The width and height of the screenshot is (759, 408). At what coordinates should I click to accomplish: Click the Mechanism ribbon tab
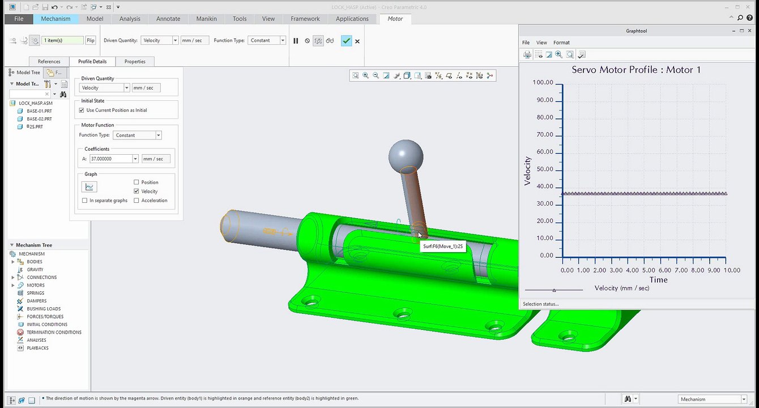[56, 19]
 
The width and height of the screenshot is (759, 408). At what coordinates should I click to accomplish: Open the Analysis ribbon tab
[130, 19]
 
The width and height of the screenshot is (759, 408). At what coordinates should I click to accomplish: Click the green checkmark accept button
[346, 41]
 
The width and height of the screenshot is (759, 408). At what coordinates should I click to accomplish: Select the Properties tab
[135, 61]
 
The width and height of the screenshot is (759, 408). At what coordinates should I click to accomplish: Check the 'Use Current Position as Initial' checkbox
[82, 110]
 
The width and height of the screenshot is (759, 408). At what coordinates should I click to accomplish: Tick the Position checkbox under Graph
[136, 182]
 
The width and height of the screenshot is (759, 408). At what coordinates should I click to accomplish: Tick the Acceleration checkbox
[136, 201]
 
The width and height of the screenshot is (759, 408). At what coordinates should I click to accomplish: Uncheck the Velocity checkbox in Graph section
[136, 192]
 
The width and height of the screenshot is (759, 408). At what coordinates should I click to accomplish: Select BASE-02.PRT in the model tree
[39, 119]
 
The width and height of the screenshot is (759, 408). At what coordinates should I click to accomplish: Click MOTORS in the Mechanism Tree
[35, 286]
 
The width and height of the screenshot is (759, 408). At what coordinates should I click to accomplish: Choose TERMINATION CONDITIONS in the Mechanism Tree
[54, 333]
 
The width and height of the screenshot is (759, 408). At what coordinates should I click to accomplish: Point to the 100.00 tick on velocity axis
[543, 83]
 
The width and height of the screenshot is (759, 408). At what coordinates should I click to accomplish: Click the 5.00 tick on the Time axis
[649, 270]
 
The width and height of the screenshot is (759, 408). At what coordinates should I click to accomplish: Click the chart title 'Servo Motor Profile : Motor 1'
[636, 70]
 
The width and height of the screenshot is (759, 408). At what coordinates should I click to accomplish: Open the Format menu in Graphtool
[561, 42]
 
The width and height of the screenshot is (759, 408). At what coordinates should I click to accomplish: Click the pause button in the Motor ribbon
[296, 41]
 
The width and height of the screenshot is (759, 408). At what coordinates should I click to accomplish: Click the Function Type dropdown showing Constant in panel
[138, 135]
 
